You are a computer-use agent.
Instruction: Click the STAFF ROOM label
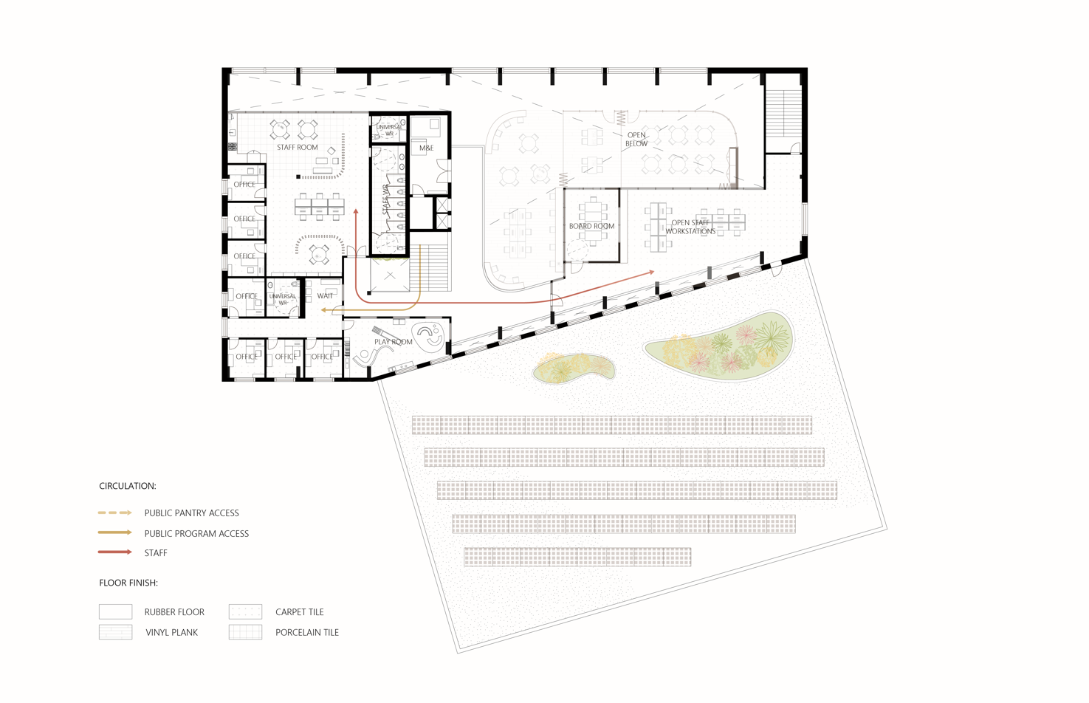click(297, 147)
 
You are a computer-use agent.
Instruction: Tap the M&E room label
click(426, 148)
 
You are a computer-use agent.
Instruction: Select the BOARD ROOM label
click(591, 226)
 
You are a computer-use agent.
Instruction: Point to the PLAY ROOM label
click(393, 342)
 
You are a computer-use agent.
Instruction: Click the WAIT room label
click(325, 295)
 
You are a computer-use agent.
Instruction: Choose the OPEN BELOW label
click(636, 139)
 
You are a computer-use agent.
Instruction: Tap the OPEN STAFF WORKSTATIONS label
click(690, 227)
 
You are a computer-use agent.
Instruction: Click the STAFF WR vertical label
click(385, 199)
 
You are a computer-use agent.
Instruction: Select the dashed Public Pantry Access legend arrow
click(114, 512)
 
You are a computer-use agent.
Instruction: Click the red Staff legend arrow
click(114, 552)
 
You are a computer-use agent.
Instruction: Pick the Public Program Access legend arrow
click(114, 532)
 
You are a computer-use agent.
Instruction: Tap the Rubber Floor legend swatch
click(116, 611)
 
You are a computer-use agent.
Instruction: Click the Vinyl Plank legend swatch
click(116, 632)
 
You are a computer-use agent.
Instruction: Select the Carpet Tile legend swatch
click(246, 611)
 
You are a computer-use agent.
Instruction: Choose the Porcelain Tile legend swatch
click(246, 632)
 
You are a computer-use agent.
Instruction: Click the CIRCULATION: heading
click(128, 486)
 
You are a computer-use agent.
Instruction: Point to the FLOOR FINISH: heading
click(128, 583)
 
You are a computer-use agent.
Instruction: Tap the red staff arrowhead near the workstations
click(651, 272)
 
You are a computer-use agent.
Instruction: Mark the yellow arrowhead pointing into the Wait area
click(324, 309)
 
